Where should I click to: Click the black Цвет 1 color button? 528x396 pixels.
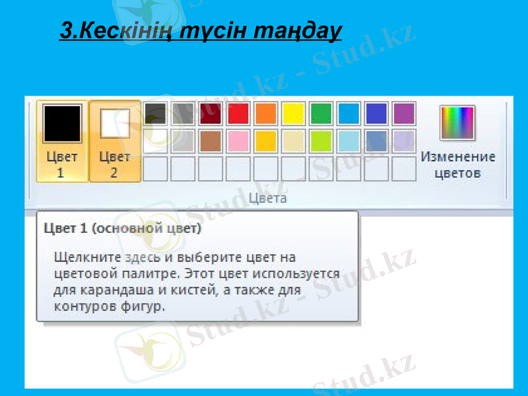click(61, 141)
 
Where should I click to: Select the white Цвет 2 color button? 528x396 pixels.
click(115, 141)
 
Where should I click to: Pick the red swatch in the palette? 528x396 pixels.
click(238, 114)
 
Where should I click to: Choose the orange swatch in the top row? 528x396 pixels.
click(265, 114)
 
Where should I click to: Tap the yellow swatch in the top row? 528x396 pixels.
click(293, 114)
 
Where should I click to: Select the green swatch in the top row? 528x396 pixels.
click(321, 114)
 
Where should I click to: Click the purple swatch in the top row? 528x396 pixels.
click(404, 114)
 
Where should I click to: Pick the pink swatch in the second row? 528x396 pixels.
click(238, 141)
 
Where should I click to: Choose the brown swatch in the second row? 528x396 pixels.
click(210, 141)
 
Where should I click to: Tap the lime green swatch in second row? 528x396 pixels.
click(321, 141)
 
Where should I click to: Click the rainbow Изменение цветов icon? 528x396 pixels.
click(457, 123)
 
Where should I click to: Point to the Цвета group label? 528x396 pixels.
click(267, 198)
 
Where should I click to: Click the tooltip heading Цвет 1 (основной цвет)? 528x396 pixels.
click(123, 229)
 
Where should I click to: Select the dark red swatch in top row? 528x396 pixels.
click(210, 114)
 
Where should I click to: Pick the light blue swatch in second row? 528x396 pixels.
click(348, 141)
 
